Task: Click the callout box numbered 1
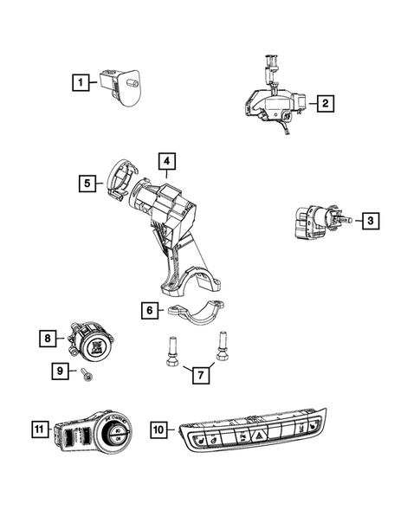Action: (x=79, y=83)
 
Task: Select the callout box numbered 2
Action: (x=326, y=105)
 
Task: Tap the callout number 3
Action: (x=370, y=222)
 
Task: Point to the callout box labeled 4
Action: (x=166, y=160)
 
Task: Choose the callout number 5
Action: (x=87, y=183)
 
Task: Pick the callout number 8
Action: (x=49, y=339)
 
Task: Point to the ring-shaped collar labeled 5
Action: (x=118, y=183)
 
